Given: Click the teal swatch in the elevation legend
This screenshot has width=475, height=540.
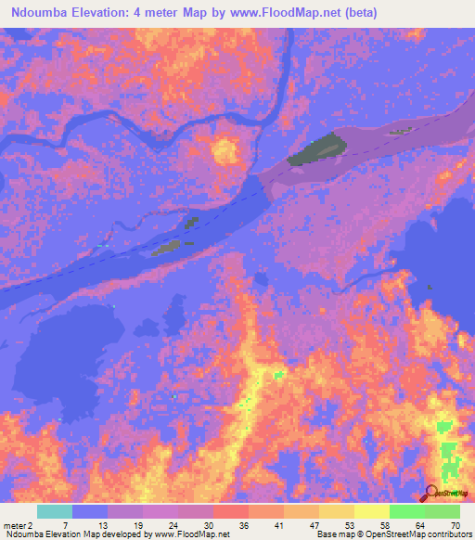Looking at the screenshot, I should [x=55, y=511].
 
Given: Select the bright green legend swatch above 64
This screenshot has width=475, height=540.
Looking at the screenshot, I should [x=406, y=511].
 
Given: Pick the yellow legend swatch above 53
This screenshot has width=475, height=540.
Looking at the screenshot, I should [x=336, y=511].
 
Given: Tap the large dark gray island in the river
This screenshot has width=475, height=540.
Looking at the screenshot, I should [x=316, y=149].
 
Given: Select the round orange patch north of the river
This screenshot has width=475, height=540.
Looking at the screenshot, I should [x=224, y=149].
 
